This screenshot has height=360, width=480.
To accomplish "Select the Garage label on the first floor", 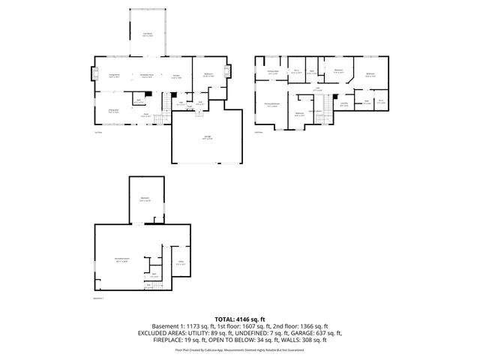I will point(207,137).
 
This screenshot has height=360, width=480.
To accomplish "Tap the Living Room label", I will point(115,75).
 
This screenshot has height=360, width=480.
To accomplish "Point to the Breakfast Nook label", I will point(148,75).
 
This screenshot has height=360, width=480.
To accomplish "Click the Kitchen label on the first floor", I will point(177,75).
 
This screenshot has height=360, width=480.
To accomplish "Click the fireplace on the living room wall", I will point(96,74).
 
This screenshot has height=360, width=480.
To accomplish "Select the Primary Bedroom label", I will point(271,104).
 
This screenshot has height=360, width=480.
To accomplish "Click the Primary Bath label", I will point(273,73).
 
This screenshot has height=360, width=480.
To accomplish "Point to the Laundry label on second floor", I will point(343,105).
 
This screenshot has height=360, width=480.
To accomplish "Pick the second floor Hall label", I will point(317,89).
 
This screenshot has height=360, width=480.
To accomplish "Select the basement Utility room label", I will point(180,262).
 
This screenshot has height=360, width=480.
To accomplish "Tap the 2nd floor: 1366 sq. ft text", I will point(300,326).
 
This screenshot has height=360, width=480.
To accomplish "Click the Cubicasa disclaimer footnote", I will point(239,349).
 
